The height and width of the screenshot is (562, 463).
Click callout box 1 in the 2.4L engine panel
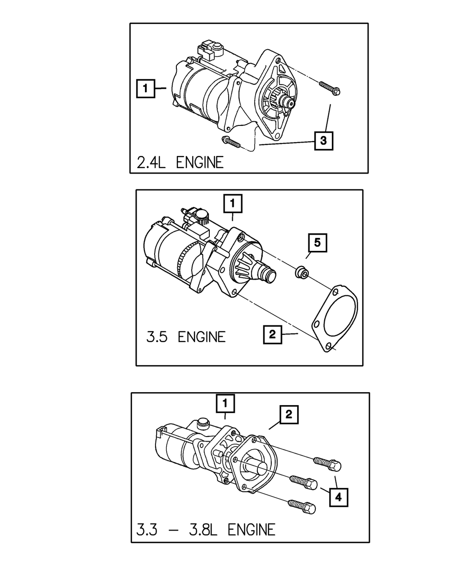point(145,88)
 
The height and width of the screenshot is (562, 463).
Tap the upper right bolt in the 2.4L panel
point(329,87)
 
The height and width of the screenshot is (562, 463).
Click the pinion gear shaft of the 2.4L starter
point(290,104)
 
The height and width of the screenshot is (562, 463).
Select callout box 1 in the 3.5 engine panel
point(232,203)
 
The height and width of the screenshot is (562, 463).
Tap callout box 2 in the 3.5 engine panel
point(272,334)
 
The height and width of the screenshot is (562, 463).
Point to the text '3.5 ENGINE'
point(186,337)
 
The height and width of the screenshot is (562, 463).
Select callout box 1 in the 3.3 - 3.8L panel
point(225,404)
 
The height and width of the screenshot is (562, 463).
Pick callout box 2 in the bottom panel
point(288,415)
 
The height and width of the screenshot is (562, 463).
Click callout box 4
point(338,498)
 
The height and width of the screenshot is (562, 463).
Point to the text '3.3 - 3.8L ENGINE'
point(206,529)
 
